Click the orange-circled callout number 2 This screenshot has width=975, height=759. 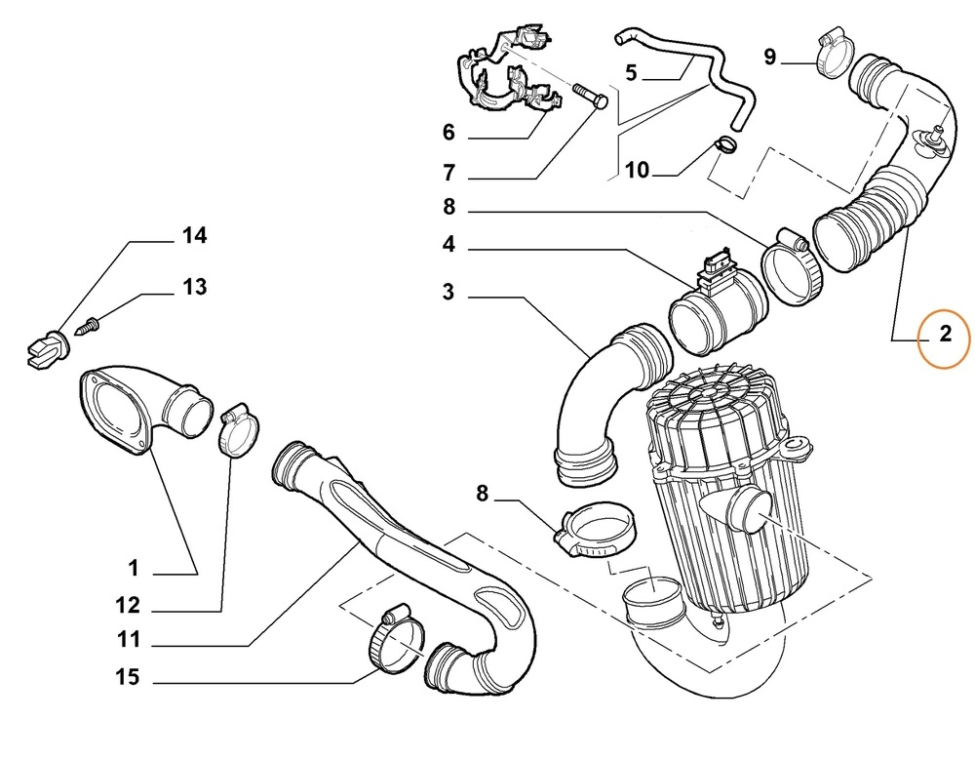click(x=944, y=336)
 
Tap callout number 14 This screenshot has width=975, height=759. click(x=194, y=235)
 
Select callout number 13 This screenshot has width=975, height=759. click(x=194, y=287)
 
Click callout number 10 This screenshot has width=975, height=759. click(x=636, y=171)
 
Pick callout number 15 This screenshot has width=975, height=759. click(x=128, y=676)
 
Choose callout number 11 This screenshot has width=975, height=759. click(x=128, y=640)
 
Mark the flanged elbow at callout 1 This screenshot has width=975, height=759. click(x=146, y=407)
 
